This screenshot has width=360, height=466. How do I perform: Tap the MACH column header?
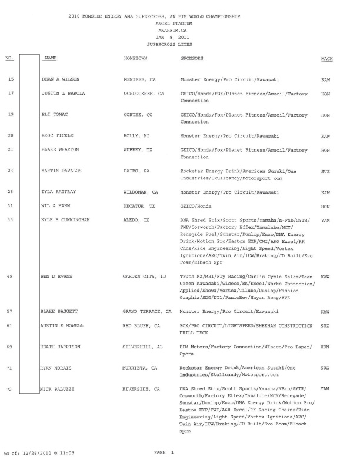click(327, 59)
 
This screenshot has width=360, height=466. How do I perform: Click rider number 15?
click(11, 78)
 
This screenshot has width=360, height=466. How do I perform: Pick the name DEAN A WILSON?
click(60, 78)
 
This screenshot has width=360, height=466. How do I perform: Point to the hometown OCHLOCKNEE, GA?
click(144, 94)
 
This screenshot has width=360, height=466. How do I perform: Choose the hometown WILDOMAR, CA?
click(141, 192)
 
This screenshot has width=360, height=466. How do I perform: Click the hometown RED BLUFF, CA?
click(141, 325)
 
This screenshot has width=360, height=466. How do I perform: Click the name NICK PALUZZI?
click(58, 389)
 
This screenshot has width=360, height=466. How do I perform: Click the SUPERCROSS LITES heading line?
click(169, 44)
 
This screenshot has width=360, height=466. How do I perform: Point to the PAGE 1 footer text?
click(164, 452)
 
